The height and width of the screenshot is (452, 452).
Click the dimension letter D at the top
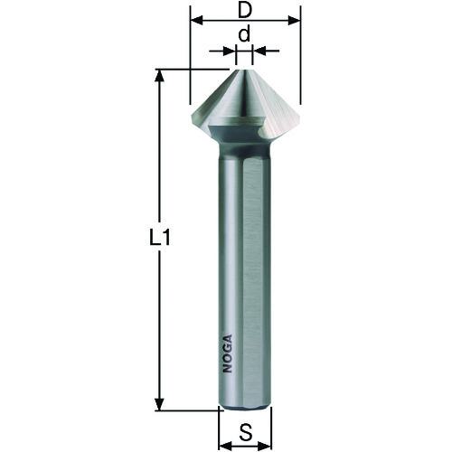[x=244, y=8]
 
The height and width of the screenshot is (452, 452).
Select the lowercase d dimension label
[x=243, y=34]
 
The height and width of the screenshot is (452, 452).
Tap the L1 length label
[x=160, y=240]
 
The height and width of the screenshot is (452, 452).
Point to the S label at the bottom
[x=245, y=432]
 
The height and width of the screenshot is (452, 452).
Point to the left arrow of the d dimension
[x=229, y=52]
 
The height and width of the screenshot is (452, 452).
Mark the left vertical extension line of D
[x=190, y=63]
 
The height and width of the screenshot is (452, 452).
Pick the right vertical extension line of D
[x=300, y=63]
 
